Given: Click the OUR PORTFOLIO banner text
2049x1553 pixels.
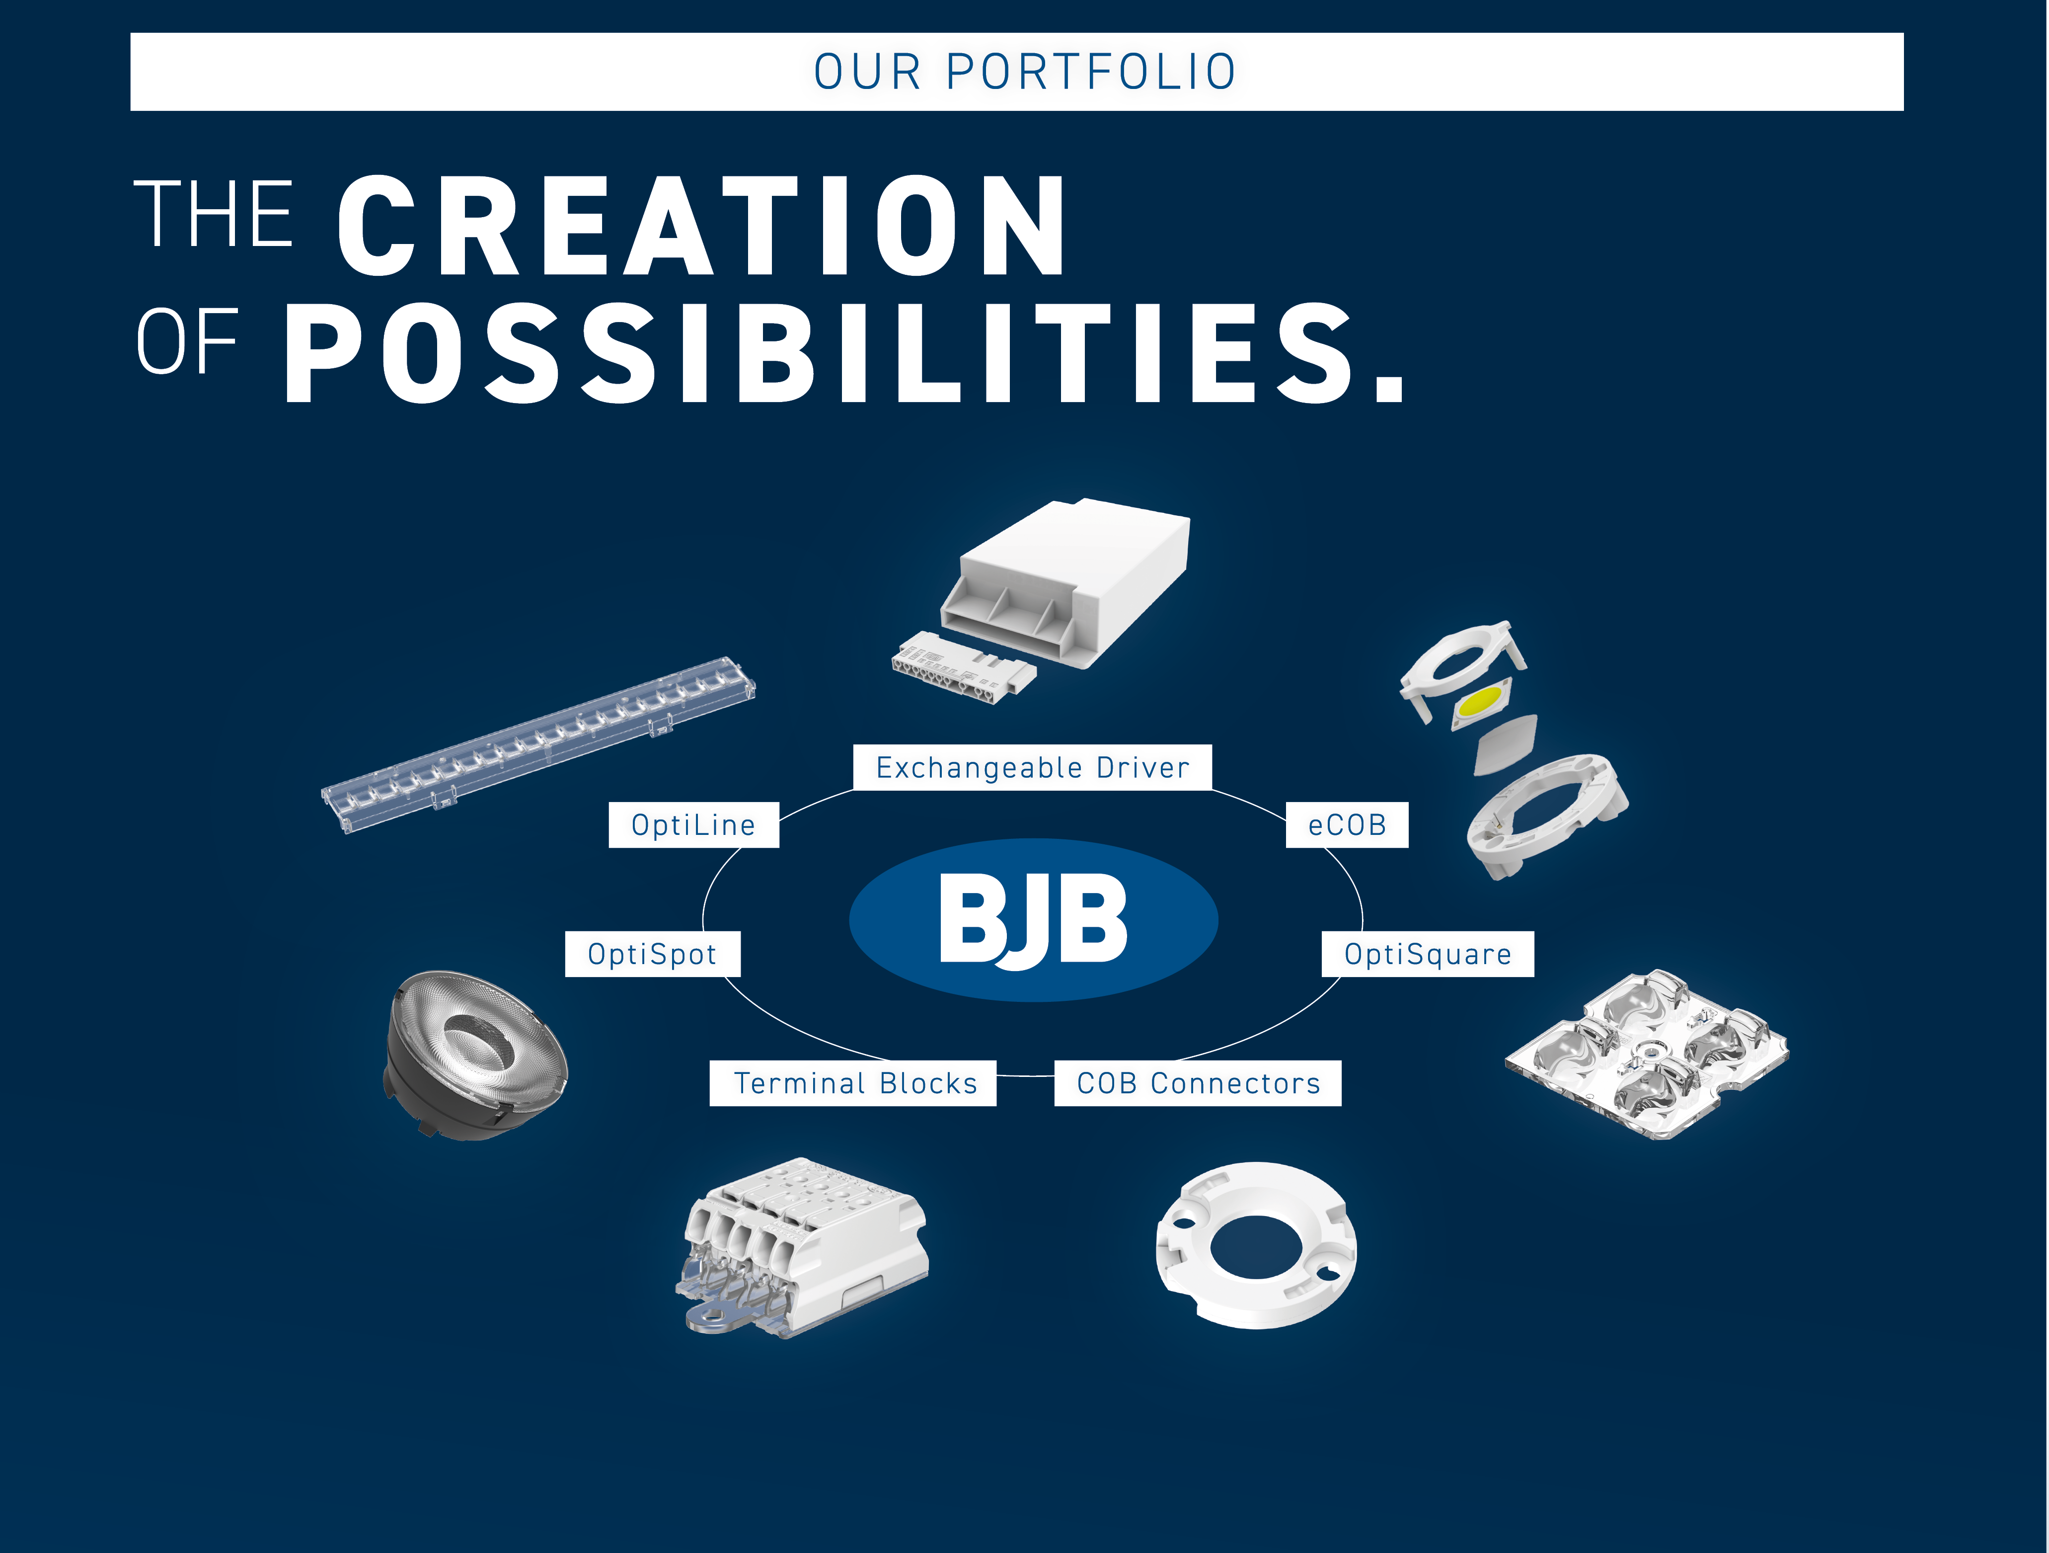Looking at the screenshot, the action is pyautogui.click(x=1024, y=72).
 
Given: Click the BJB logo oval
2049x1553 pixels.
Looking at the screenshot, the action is pyautogui.click(x=1034, y=920).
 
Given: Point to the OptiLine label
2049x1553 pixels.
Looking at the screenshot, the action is pyautogui.click(x=694, y=824).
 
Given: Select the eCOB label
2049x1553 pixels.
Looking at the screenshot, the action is pyautogui.click(x=1347, y=824).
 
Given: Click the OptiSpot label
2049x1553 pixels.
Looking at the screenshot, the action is pyautogui.click(x=652, y=954).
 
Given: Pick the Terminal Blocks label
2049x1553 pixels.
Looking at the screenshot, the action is pyautogui.click(x=853, y=1083).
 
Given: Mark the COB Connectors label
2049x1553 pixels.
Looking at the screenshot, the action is pyautogui.click(x=1198, y=1083).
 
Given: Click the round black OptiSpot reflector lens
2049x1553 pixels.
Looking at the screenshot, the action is pyautogui.click(x=475, y=1055).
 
